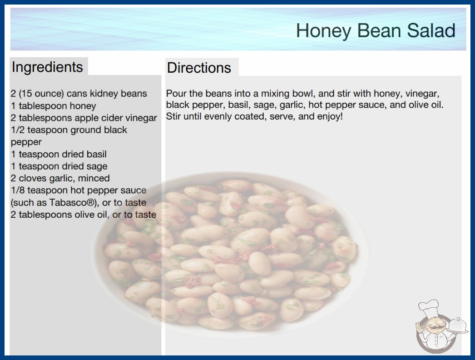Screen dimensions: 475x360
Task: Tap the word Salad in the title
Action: pyautogui.click(x=431, y=30)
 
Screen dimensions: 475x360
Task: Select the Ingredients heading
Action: pyautogui.click(x=47, y=67)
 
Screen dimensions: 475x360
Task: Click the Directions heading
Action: pyautogui.click(x=199, y=68)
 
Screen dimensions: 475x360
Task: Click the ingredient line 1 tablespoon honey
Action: pyautogui.click(x=53, y=106)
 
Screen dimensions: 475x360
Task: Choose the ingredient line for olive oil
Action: pyautogui.click(x=84, y=215)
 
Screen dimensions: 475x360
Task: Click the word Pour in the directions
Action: pyautogui.click(x=176, y=94)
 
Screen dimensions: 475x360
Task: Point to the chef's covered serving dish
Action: pyautogui.click(x=458, y=326)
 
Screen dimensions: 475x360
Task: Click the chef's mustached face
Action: pyautogui.click(x=434, y=325)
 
